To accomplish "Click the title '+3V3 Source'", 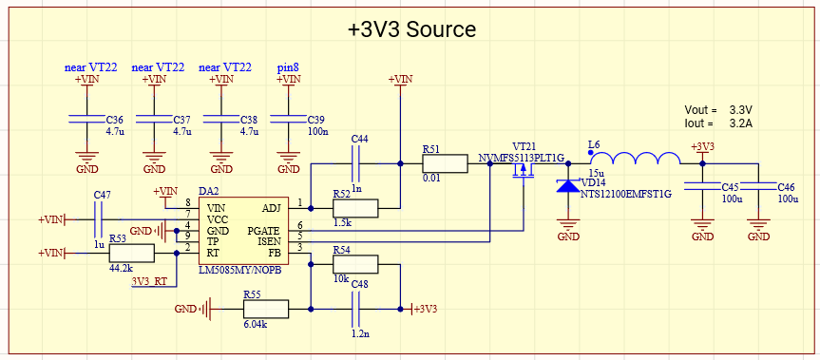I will (x=411, y=28).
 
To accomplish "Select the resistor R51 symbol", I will (x=445, y=163).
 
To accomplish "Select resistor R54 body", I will (x=354, y=265).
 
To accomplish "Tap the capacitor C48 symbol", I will (x=357, y=309).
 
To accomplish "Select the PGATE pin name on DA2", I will (x=264, y=231).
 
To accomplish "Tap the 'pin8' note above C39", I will (x=288, y=67).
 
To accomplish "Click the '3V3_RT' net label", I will (x=149, y=281).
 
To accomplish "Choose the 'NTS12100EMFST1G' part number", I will (x=625, y=194).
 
